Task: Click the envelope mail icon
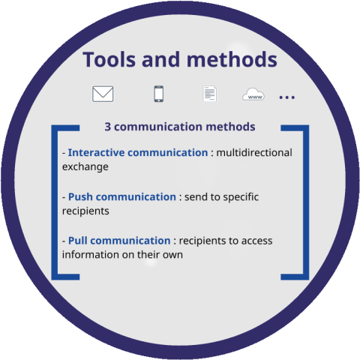coord(103,94)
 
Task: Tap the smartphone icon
coord(159,94)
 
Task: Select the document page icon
coord(210,94)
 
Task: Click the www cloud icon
coord(253,94)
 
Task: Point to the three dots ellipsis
coord(287,97)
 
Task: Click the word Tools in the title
coord(109,59)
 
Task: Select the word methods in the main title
coord(232,59)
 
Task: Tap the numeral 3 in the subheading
coord(107,127)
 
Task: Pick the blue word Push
coord(80,197)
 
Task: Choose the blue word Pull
coord(77,241)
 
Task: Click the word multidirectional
coord(254,152)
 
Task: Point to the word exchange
coord(85,166)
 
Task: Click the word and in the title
coord(161,59)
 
